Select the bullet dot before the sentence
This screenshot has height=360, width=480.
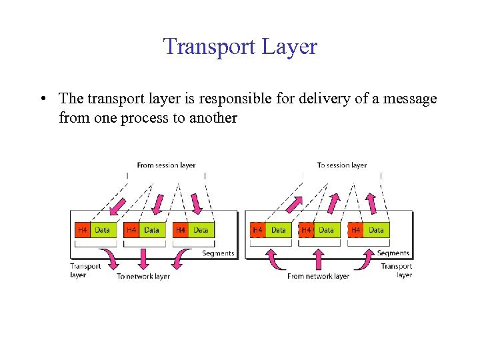(x=42, y=99)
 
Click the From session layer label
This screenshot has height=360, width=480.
(x=166, y=165)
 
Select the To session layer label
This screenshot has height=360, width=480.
(x=341, y=165)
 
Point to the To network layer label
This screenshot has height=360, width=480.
(x=143, y=276)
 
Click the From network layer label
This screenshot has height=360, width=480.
(x=318, y=276)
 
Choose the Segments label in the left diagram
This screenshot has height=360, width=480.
(x=218, y=253)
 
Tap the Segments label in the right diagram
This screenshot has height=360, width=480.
(x=393, y=253)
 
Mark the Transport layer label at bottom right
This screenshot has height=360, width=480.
(x=397, y=270)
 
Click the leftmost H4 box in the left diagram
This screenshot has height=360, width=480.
(x=82, y=230)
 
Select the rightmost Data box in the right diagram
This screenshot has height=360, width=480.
(x=377, y=230)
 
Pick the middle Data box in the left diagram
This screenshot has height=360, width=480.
(x=152, y=230)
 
